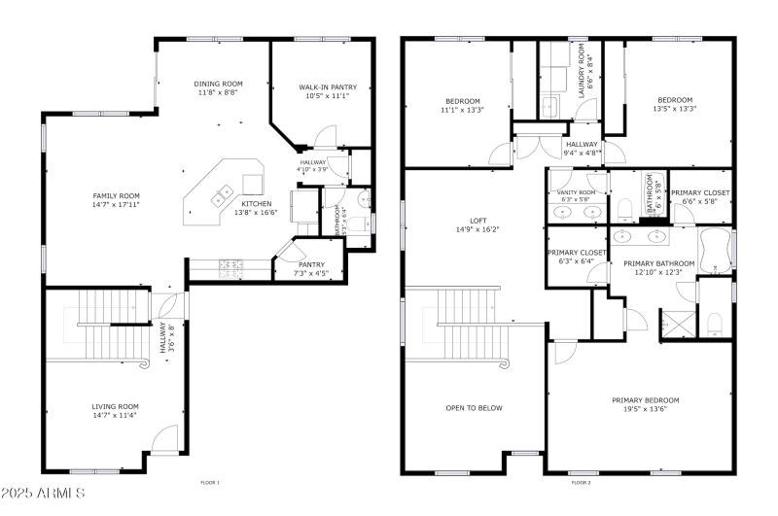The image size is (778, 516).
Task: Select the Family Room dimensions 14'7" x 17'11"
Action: [116, 204]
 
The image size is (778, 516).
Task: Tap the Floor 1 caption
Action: [210, 482]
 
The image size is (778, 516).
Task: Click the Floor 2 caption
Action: [581, 482]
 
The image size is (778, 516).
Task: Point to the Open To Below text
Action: [474, 407]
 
